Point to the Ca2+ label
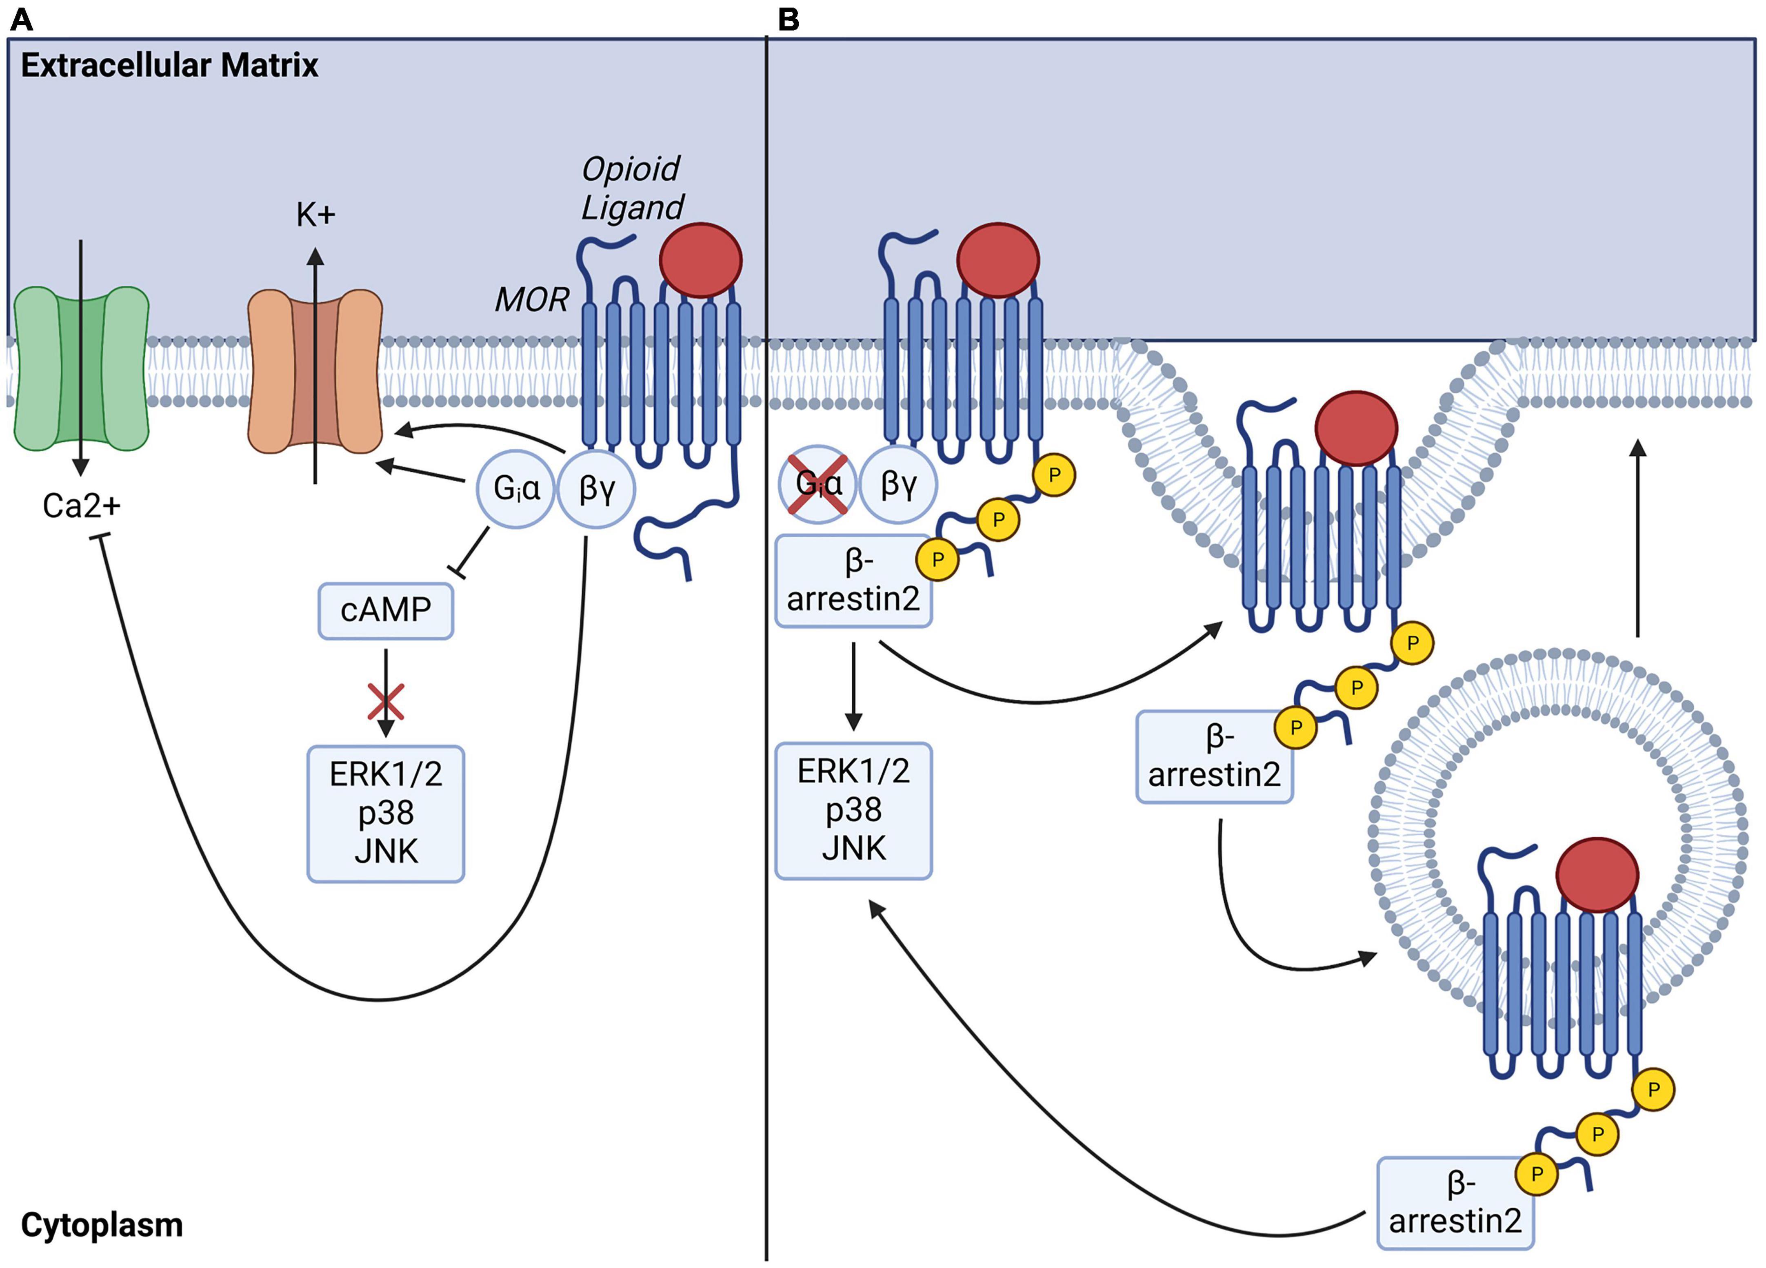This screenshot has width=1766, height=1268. (81, 506)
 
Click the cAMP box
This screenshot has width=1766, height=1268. (385, 610)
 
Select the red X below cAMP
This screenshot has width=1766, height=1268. (385, 701)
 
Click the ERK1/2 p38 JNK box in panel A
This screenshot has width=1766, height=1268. (385, 814)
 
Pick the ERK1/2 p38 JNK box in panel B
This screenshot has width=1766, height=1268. (853, 810)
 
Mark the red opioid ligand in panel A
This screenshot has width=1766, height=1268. (700, 260)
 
